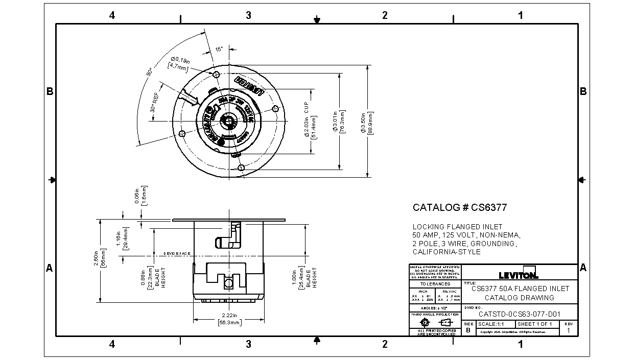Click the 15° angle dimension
coord(219,50)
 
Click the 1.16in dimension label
coord(122,238)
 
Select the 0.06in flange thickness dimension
coord(140,195)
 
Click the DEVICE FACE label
coord(177,253)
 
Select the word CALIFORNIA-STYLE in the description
coord(447,252)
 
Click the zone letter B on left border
coord(50,91)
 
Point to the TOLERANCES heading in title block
coord(435,284)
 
